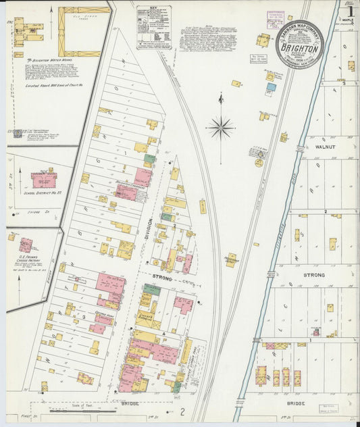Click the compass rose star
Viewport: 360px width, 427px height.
(x=221, y=126)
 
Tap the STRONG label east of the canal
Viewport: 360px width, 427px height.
(x=313, y=275)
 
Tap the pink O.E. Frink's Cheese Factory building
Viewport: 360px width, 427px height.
(x=26, y=245)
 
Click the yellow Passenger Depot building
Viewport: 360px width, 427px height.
(x=231, y=259)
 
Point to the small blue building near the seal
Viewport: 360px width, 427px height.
(x=270, y=86)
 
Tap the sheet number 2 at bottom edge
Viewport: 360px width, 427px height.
(x=182, y=411)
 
